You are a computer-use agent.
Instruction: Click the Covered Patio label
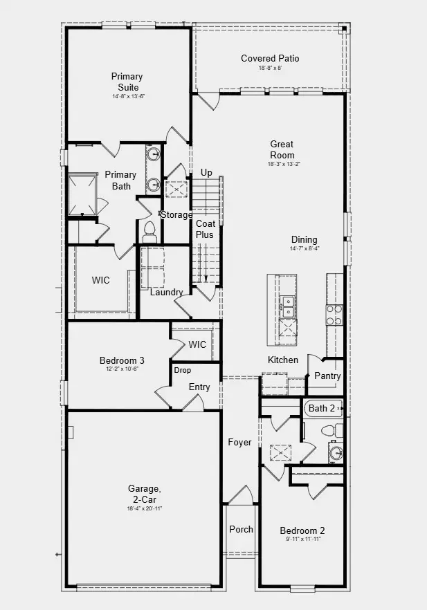click(x=270, y=59)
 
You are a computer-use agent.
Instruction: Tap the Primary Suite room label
click(x=127, y=82)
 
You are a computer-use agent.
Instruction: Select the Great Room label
click(x=282, y=149)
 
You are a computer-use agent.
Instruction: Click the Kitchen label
click(x=283, y=360)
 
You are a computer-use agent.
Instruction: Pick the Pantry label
click(x=327, y=376)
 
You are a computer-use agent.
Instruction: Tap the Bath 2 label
click(x=322, y=408)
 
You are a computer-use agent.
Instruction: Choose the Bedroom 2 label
click(x=302, y=531)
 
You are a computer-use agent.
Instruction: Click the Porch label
click(x=241, y=529)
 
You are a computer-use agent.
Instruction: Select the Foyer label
click(x=240, y=443)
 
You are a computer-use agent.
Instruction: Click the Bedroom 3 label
click(x=122, y=360)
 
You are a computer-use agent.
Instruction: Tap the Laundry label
click(x=167, y=293)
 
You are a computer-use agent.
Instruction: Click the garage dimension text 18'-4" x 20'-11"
click(x=145, y=508)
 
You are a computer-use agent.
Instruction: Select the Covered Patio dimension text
click(x=270, y=68)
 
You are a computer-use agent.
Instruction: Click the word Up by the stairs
click(x=206, y=173)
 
